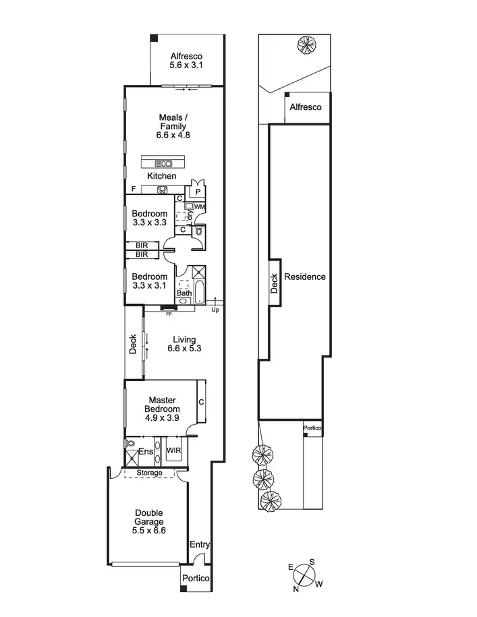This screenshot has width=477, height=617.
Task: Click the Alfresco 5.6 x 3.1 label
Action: pyautogui.click(x=186, y=61)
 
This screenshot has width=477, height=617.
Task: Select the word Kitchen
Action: pyautogui.click(x=162, y=176)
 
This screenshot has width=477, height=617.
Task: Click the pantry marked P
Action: pyautogui.click(x=198, y=192)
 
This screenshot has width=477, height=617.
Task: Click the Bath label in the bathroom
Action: pyautogui.click(x=184, y=293)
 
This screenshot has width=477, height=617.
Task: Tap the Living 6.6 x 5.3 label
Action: pyautogui.click(x=184, y=344)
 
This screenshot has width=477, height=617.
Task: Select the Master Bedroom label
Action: pyautogui.click(x=163, y=405)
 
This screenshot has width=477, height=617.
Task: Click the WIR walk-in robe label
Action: pyautogui.click(x=174, y=451)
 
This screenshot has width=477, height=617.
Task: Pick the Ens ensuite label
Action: pyautogui.click(x=146, y=452)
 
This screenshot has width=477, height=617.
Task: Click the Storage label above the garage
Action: pyautogui.click(x=149, y=473)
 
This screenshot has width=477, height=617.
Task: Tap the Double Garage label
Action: pyautogui.click(x=150, y=521)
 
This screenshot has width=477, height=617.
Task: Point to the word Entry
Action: pyautogui.click(x=200, y=545)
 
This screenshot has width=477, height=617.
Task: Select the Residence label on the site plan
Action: pyautogui.click(x=305, y=276)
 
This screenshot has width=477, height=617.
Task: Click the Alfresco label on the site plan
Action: pyautogui.click(x=306, y=108)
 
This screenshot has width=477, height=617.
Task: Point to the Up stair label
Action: pyautogui.click(x=215, y=310)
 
